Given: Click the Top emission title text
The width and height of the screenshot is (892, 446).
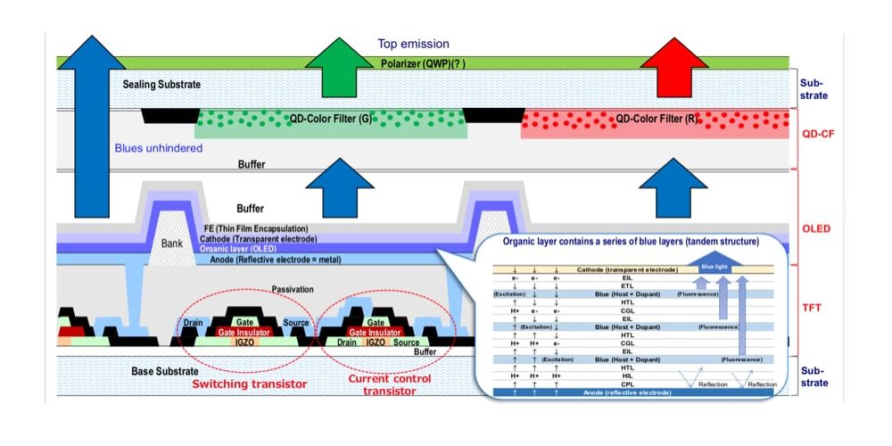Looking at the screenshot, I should (x=413, y=44).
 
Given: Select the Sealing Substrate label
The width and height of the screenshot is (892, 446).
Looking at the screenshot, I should (x=161, y=84).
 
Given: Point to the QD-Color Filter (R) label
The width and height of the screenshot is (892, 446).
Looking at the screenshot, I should (x=656, y=118).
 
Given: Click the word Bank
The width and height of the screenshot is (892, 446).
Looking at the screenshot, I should (x=171, y=243).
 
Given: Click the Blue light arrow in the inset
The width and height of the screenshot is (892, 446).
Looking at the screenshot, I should (x=714, y=266).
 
